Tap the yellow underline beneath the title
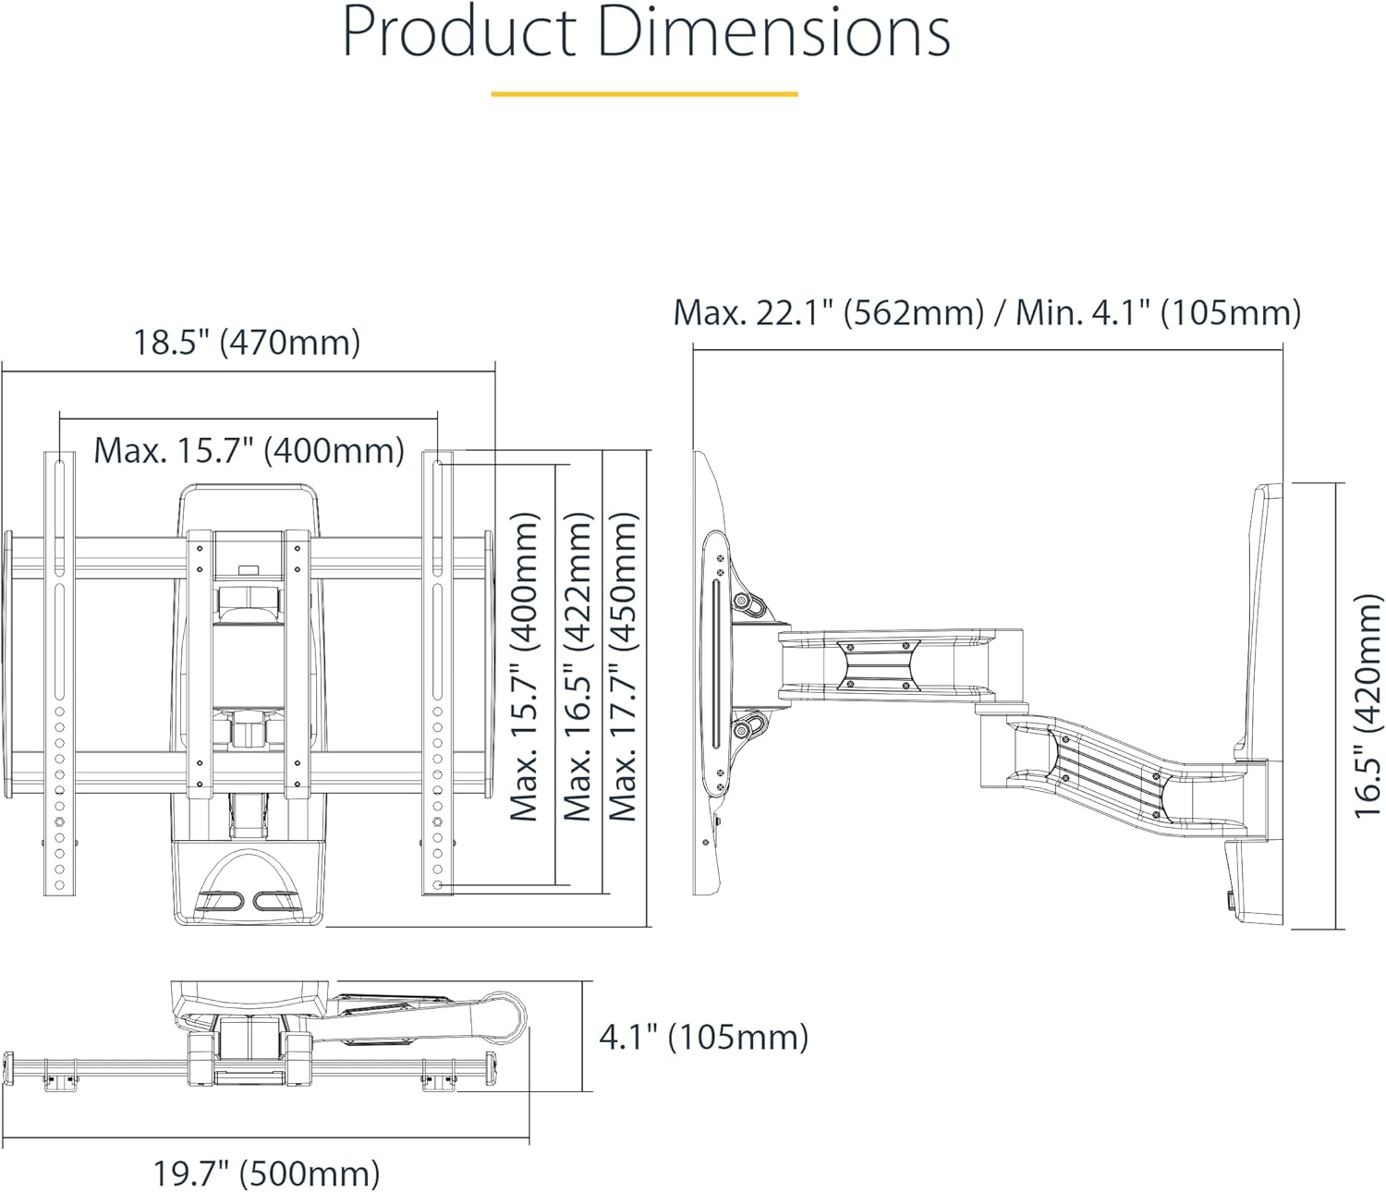click(x=644, y=93)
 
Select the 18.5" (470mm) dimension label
click(x=247, y=343)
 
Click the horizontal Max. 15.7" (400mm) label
click(x=249, y=451)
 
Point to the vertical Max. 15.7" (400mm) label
click(x=525, y=667)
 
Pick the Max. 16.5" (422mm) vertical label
click(x=577, y=667)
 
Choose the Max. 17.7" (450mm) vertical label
click(x=625, y=667)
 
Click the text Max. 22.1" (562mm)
click(x=828, y=312)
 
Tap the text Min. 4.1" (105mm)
click(x=1159, y=312)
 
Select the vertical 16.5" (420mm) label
click(x=1368, y=706)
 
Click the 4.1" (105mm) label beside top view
click(x=703, y=1037)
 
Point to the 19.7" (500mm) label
click(x=266, y=1174)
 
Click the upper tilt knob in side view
click(x=743, y=602)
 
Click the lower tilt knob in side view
click(x=743, y=730)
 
